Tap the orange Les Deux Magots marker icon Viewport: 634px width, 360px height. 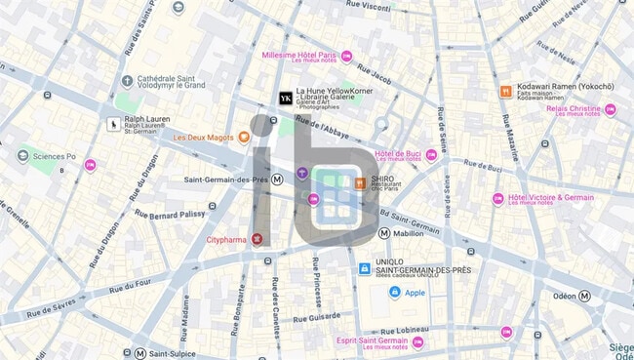(244, 138)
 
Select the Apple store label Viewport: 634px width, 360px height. (415, 292)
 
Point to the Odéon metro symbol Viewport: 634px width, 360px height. (585, 296)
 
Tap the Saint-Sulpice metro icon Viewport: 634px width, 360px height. (140, 352)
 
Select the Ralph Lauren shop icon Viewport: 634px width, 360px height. (113, 124)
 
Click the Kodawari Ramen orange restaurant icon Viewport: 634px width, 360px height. (506, 92)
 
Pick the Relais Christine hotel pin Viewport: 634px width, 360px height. (611, 109)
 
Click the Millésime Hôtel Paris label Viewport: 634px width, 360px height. (304, 55)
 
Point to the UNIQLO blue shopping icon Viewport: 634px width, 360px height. (363, 268)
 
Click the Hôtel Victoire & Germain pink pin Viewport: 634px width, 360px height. (498, 199)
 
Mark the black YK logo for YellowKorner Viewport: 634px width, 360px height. (285, 99)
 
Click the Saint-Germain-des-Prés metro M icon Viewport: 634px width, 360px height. (279, 179)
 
